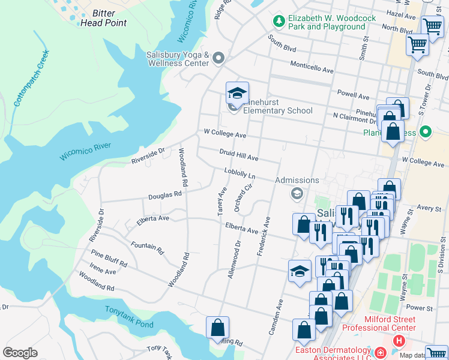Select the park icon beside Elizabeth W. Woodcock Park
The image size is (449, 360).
pos(279,22)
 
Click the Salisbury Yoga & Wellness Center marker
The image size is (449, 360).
pos(218,58)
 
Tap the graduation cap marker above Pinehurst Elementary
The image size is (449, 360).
pos(237,94)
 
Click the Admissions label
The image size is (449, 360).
pos(297,180)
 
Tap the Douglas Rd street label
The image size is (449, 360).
pos(165,195)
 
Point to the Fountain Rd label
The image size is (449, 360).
pos(147,246)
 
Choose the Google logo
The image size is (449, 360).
pos(20,353)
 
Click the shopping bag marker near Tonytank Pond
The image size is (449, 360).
pos(217,328)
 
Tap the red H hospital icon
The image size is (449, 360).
pos(398,341)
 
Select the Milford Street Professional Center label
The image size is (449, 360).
pos(379,323)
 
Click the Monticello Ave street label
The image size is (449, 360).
pos(312,67)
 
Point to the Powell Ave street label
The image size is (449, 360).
pos(353,94)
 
